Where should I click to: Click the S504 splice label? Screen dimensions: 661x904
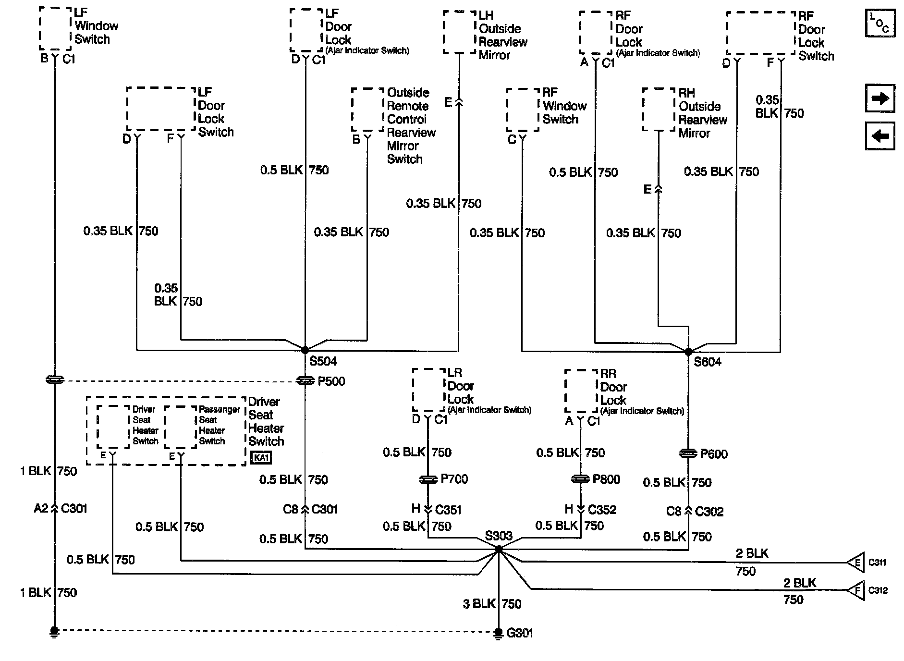pyautogui.click(x=323, y=361)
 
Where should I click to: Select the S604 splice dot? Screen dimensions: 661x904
pyautogui.click(x=688, y=352)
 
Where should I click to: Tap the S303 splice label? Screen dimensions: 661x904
pyautogui.click(x=499, y=536)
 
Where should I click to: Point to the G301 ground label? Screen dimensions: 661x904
pyautogui.click(x=520, y=633)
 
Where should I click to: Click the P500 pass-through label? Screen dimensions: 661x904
pyautogui.click(x=331, y=381)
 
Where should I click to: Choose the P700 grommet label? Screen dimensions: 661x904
pyautogui.click(x=454, y=479)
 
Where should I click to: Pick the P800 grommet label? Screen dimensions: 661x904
pyautogui.click(x=606, y=479)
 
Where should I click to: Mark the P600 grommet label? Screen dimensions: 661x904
pyautogui.click(x=714, y=454)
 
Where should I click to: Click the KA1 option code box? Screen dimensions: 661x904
pyautogui.click(x=261, y=458)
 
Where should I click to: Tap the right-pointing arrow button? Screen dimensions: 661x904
pyautogui.click(x=880, y=98)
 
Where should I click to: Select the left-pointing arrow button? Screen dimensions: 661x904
pyautogui.click(x=880, y=136)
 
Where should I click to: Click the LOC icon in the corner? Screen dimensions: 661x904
pyautogui.click(x=880, y=23)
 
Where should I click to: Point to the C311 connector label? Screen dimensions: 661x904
pyautogui.click(x=877, y=563)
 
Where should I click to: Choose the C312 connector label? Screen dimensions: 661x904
pyautogui.click(x=878, y=590)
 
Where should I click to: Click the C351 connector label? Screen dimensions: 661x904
pyautogui.click(x=448, y=510)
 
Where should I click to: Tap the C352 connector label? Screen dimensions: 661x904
pyautogui.click(x=602, y=510)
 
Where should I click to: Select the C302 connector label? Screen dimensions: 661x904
pyautogui.click(x=709, y=512)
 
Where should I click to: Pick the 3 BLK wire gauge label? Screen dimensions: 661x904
pyautogui.click(x=479, y=604)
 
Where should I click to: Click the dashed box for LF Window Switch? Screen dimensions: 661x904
pyautogui.click(x=56, y=28)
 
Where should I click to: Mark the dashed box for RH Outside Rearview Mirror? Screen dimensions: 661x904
pyautogui.click(x=659, y=109)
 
